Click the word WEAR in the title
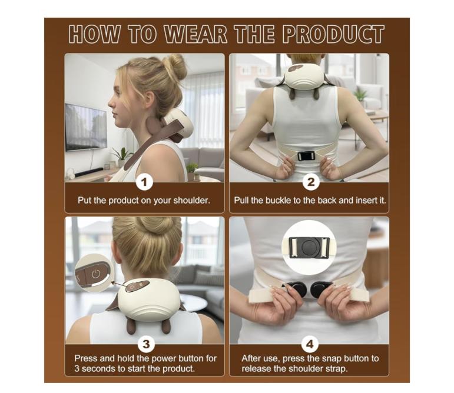[195, 34]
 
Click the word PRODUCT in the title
[333, 34]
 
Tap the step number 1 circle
[144, 182]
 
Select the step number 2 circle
[311, 182]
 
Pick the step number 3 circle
[146, 344]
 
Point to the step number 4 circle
[310, 344]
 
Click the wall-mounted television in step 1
[86, 127]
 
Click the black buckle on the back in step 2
[306, 156]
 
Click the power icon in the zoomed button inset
[96, 274]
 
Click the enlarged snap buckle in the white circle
[309, 248]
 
